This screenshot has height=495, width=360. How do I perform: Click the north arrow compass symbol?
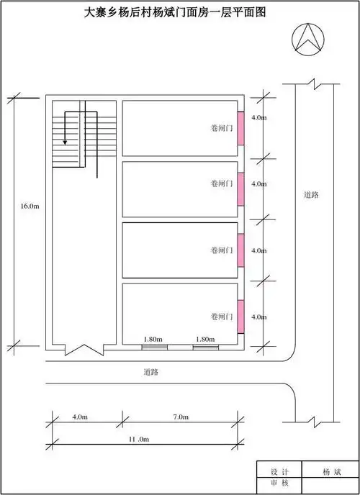(x=308, y=39)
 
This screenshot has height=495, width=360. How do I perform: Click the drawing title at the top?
(x=175, y=13)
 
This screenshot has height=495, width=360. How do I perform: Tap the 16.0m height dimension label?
(x=30, y=206)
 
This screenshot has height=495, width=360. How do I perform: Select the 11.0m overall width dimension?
(x=140, y=439)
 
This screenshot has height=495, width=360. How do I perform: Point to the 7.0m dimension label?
(x=181, y=417)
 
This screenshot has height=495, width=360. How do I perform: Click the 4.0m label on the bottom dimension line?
(x=80, y=417)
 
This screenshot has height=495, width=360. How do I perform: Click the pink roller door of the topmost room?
(x=240, y=128)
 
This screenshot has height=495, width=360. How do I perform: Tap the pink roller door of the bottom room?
(x=240, y=317)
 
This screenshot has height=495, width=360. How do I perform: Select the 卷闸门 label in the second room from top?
(x=222, y=183)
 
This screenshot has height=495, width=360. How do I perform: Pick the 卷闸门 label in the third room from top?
(x=222, y=250)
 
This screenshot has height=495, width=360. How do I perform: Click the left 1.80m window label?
(x=153, y=340)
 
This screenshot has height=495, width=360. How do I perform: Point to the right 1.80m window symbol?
(x=206, y=348)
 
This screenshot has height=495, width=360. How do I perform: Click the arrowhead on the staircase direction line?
(x=65, y=142)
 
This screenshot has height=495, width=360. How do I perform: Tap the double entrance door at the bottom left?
(x=84, y=350)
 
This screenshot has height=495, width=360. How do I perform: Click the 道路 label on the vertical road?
(x=311, y=195)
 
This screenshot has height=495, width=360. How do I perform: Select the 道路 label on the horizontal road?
(x=150, y=372)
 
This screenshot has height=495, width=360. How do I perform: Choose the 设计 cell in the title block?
(x=279, y=472)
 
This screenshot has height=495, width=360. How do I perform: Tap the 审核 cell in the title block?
(x=279, y=483)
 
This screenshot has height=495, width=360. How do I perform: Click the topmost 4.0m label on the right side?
(x=259, y=118)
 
